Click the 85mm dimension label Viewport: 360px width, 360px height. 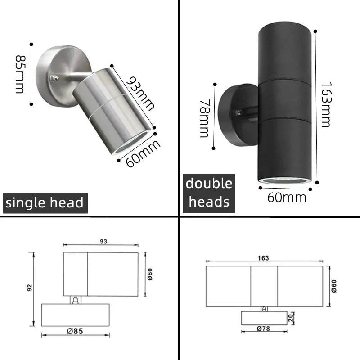tap(20, 74)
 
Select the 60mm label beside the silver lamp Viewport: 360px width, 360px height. tap(143, 154)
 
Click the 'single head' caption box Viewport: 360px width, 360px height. tap(45, 202)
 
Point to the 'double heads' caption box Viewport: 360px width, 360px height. tap(209, 193)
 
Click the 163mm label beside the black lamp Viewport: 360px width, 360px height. tap(326, 104)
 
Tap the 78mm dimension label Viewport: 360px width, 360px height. tap(205, 118)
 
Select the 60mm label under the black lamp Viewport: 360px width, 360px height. tap(287, 197)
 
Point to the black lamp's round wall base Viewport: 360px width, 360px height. tap(234, 115)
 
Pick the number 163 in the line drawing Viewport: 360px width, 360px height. tap(264, 258)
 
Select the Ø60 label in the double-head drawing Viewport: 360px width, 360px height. tap(333, 285)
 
